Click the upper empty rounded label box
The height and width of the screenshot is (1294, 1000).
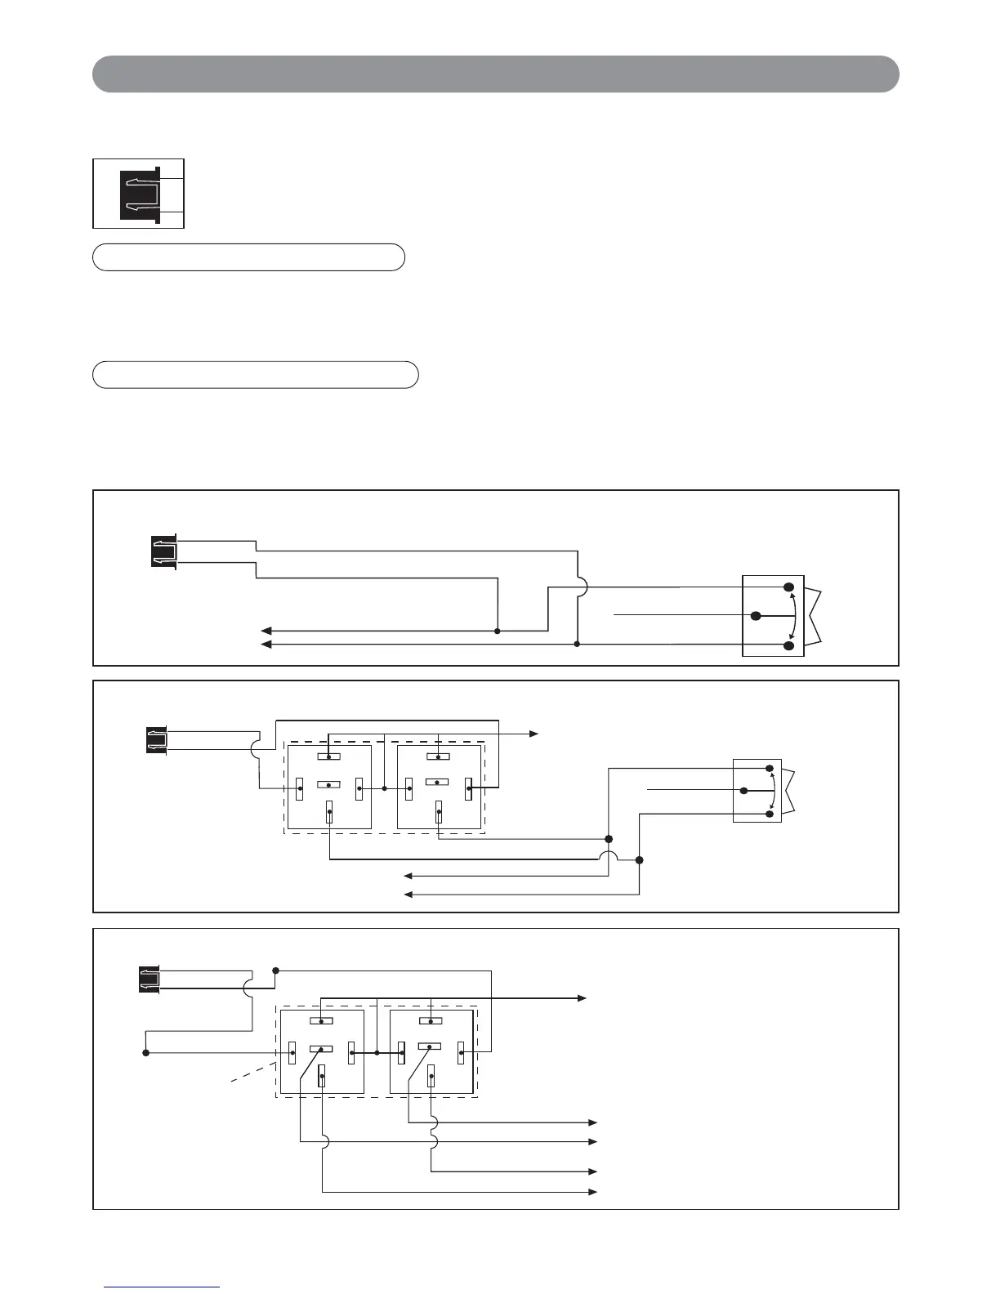pyautogui.click(x=248, y=257)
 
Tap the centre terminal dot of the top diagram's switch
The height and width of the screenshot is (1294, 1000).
pyautogui.click(x=757, y=615)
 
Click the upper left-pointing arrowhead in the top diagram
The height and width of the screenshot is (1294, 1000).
pyautogui.click(x=266, y=631)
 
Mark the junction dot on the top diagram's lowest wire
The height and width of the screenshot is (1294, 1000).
pyautogui.click(x=577, y=645)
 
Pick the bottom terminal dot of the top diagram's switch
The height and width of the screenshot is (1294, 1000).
pyautogui.click(x=789, y=645)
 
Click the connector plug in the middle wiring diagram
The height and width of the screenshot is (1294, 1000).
pyautogui.click(x=157, y=739)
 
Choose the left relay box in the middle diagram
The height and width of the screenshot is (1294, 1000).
pyautogui.click(x=328, y=787)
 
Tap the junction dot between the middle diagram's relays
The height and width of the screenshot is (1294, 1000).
pyautogui.click(x=384, y=789)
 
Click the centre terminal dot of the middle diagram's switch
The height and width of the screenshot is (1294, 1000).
pyautogui.click(x=743, y=791)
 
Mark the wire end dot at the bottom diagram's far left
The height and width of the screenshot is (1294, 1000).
pyautogui.click(x=146, y=1053)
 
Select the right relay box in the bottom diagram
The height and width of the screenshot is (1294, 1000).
pyautogui.click(x=431, y=1051)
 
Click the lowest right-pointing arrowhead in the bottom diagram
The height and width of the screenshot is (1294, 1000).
pyautogui.click(x=595, y=1193)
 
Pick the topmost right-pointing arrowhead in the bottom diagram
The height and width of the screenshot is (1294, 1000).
pyautogui.click(x=582, y=998)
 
